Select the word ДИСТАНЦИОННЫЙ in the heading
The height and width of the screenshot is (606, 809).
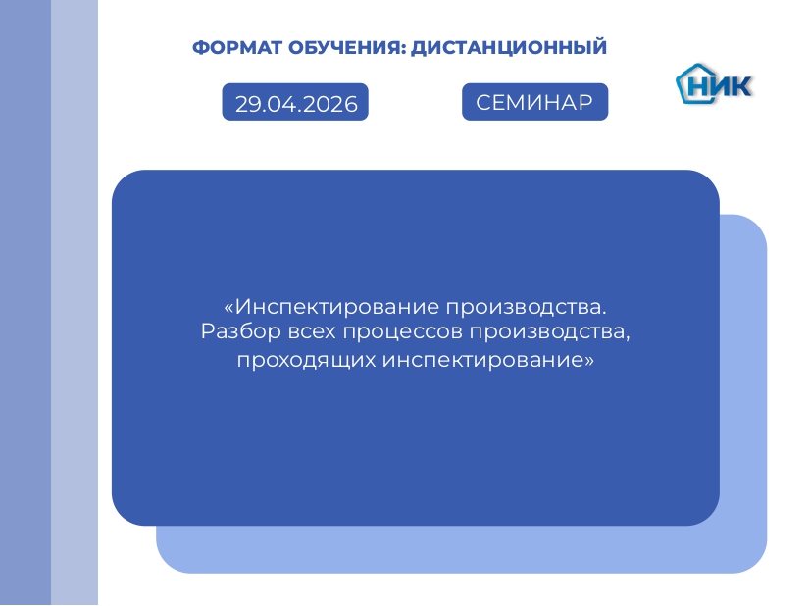(509, 47)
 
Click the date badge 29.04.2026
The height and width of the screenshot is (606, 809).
(295, 102)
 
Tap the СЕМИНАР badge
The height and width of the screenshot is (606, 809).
(535, 102)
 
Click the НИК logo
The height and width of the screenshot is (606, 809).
(714, 84)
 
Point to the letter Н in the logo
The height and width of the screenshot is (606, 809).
(698, 86)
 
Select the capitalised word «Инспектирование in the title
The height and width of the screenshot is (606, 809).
(331, 307)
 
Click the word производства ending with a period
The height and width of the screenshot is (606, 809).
(527, 307)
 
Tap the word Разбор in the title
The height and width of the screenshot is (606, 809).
(241, 331)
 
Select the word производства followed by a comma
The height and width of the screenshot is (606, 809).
(549, 332)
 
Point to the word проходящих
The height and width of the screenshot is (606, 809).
(307, 361)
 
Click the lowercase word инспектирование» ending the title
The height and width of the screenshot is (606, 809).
(488, 361)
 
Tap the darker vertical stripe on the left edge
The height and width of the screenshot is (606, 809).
(25, 303)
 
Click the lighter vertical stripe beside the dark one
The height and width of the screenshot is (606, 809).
(75, 303)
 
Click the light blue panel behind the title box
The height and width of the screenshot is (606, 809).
(743, 392)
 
